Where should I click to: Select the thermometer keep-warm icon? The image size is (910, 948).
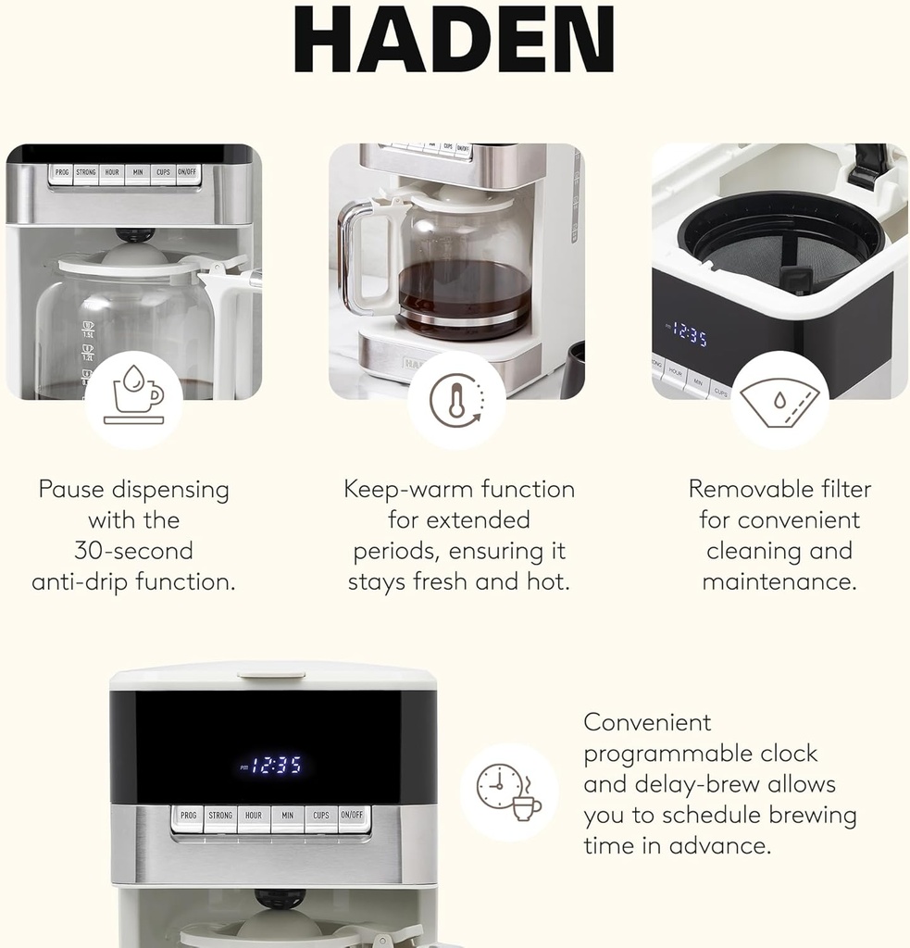point(455,400)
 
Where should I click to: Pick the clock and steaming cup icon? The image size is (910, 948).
point(509,792)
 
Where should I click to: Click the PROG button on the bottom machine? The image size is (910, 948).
point(188,816)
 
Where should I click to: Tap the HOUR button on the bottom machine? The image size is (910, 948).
point(254,816)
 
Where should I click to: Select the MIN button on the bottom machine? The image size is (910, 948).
point(287,816)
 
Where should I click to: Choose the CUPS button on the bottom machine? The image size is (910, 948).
point(320,816)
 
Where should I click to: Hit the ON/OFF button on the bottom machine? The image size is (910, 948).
point(353,816)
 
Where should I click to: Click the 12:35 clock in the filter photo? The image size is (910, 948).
point(689,333)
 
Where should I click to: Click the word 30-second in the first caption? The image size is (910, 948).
point(133,551)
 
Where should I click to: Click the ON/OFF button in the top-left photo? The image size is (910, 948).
point(187,172)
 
